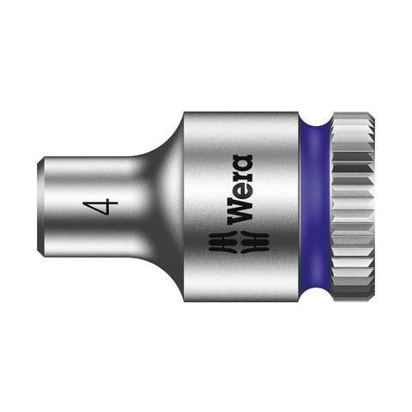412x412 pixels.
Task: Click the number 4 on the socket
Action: tap(105, 206)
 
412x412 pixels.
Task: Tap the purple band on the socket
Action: tap(316, 206)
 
